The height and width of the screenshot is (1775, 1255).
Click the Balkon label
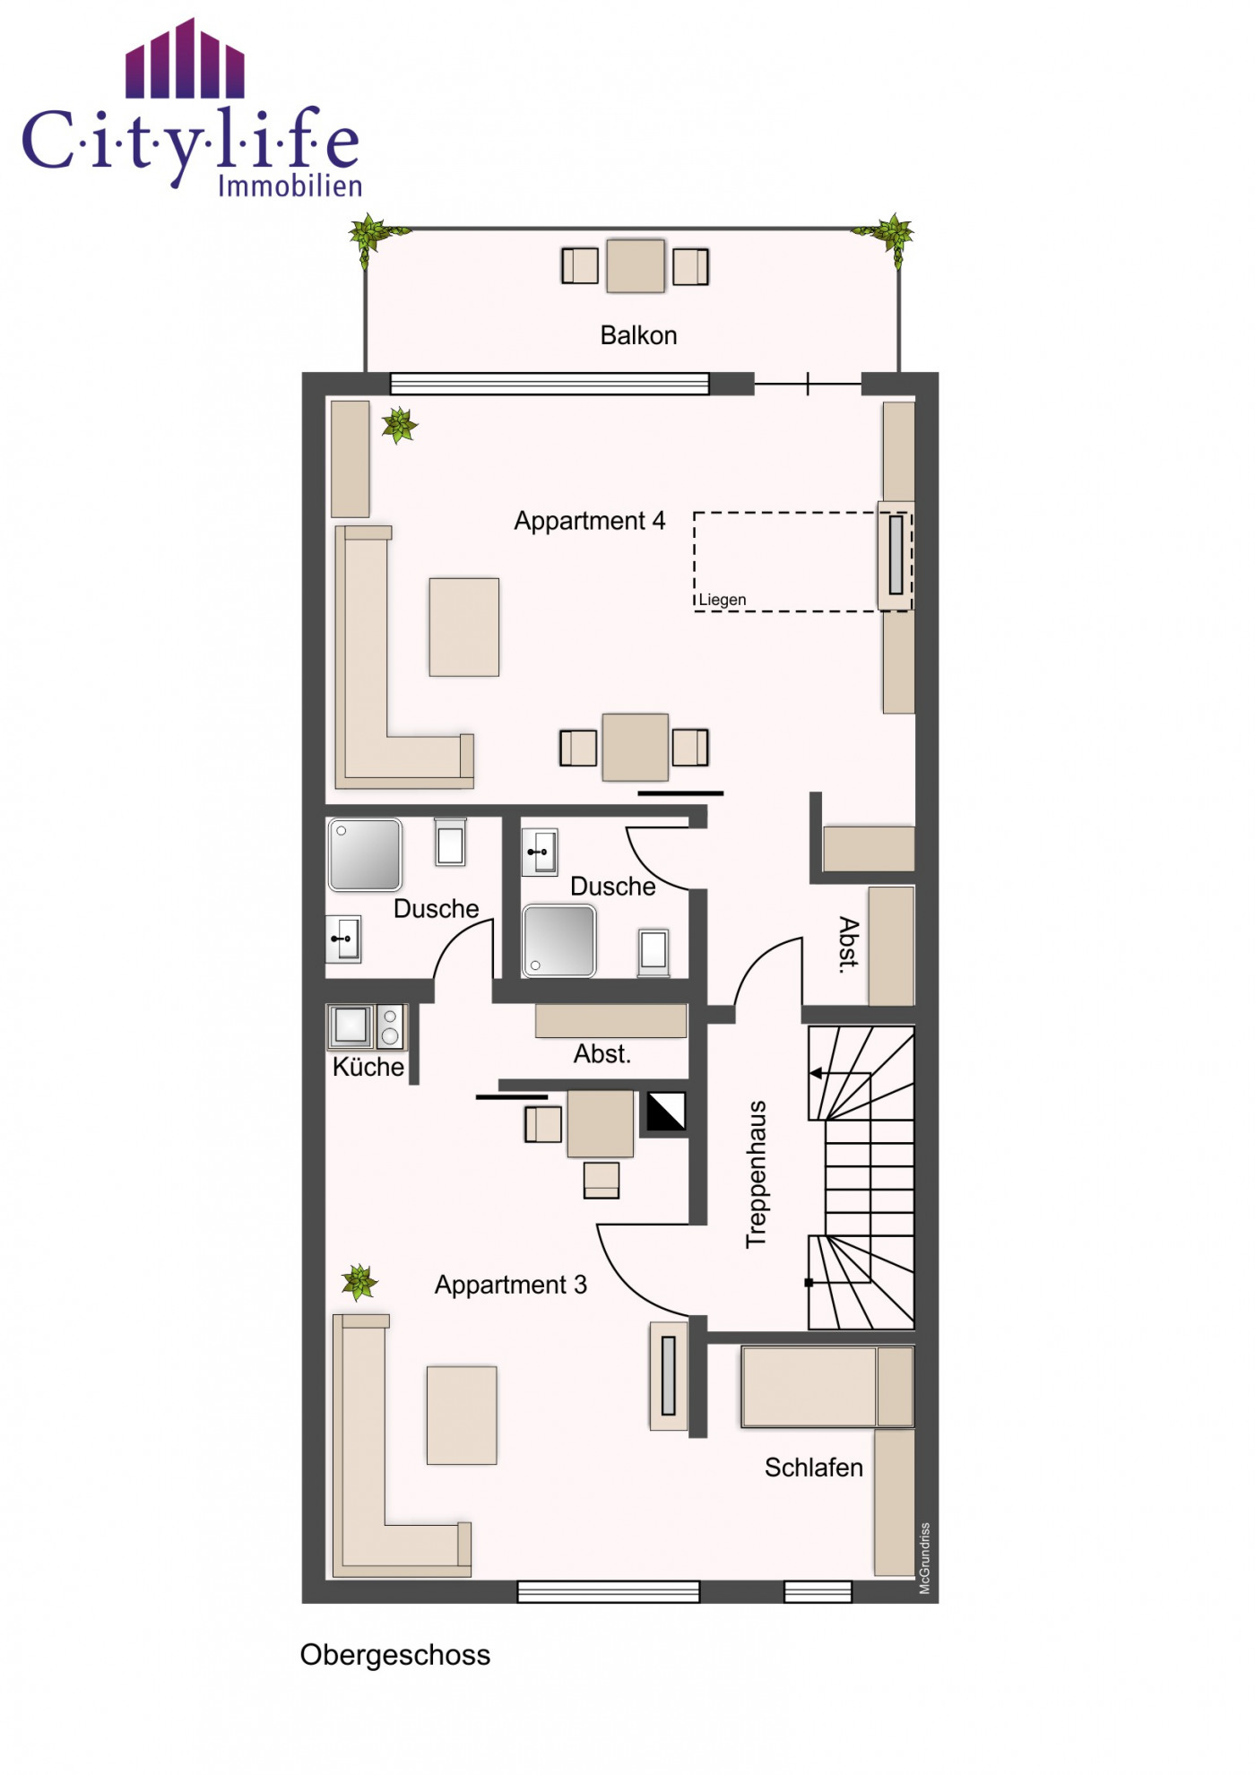(638, 335)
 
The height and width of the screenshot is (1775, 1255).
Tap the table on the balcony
(636, 266)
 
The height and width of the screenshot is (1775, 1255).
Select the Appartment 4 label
(590, 521)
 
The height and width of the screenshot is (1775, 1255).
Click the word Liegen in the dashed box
(723, 600)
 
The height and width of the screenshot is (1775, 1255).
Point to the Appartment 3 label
(511, 1285)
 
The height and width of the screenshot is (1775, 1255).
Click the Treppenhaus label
(757, 1174)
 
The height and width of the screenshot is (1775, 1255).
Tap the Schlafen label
(814, 1468)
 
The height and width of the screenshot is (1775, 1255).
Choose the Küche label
(368, 1067)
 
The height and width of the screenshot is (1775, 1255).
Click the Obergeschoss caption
(395, 1655)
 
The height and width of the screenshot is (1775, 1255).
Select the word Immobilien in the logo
(290, 186)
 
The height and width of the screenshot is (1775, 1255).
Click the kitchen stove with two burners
(390, 1026)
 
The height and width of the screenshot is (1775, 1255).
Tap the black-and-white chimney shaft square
(666, 1111)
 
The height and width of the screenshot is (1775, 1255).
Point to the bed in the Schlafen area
(827, 1387)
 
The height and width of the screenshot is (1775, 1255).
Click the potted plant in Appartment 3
(359, 1282)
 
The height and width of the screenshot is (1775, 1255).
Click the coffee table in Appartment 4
(464, 627)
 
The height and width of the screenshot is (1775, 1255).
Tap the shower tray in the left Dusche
(365, 854)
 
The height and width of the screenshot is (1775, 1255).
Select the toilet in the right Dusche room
(653, 952)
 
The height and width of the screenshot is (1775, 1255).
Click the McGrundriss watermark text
(925, 1558)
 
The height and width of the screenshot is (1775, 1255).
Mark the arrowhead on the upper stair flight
(816, 1073)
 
